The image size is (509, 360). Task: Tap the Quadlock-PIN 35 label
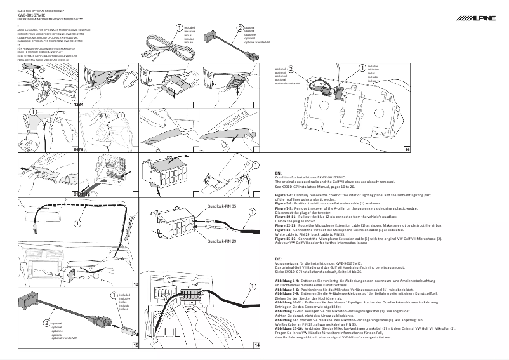[x=221, y=206]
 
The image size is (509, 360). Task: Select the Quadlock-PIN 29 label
[x=221, y=242]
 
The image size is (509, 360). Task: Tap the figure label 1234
[x=79, y=103]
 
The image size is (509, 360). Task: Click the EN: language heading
[x=278, y=173]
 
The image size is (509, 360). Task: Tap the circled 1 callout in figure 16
[x=362, y=68]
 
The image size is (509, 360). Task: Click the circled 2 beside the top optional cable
[x=240, y=28]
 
